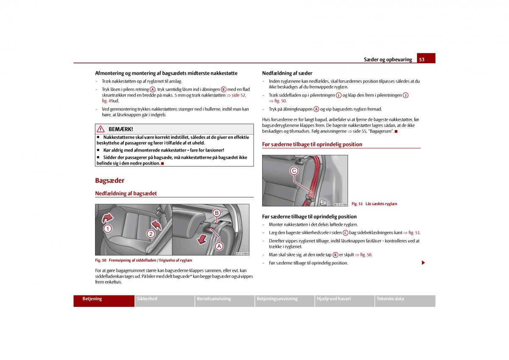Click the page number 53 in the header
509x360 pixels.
[422, 59]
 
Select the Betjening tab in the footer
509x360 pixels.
[92, 299]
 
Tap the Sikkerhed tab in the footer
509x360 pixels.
[147, 299]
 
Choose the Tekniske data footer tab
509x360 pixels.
[390, 299]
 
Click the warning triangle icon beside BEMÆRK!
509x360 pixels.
[101, 129]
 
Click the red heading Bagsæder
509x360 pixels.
[109, 180]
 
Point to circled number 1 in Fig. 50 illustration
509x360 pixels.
[108, 229]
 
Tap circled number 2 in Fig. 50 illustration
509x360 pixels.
[151, 233]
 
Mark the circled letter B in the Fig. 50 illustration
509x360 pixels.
[216, 213]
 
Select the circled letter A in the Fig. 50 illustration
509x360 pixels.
[219, 246]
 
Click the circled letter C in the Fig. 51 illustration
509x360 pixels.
[294, 171]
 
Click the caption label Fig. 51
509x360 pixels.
[357, 204]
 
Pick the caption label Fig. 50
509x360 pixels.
[101, 260]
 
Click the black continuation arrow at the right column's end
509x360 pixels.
[423, 263]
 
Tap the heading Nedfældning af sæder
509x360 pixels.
[287, 73]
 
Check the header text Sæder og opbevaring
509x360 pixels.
[388, 59]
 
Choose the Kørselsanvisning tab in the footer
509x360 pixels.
[214, 299]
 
